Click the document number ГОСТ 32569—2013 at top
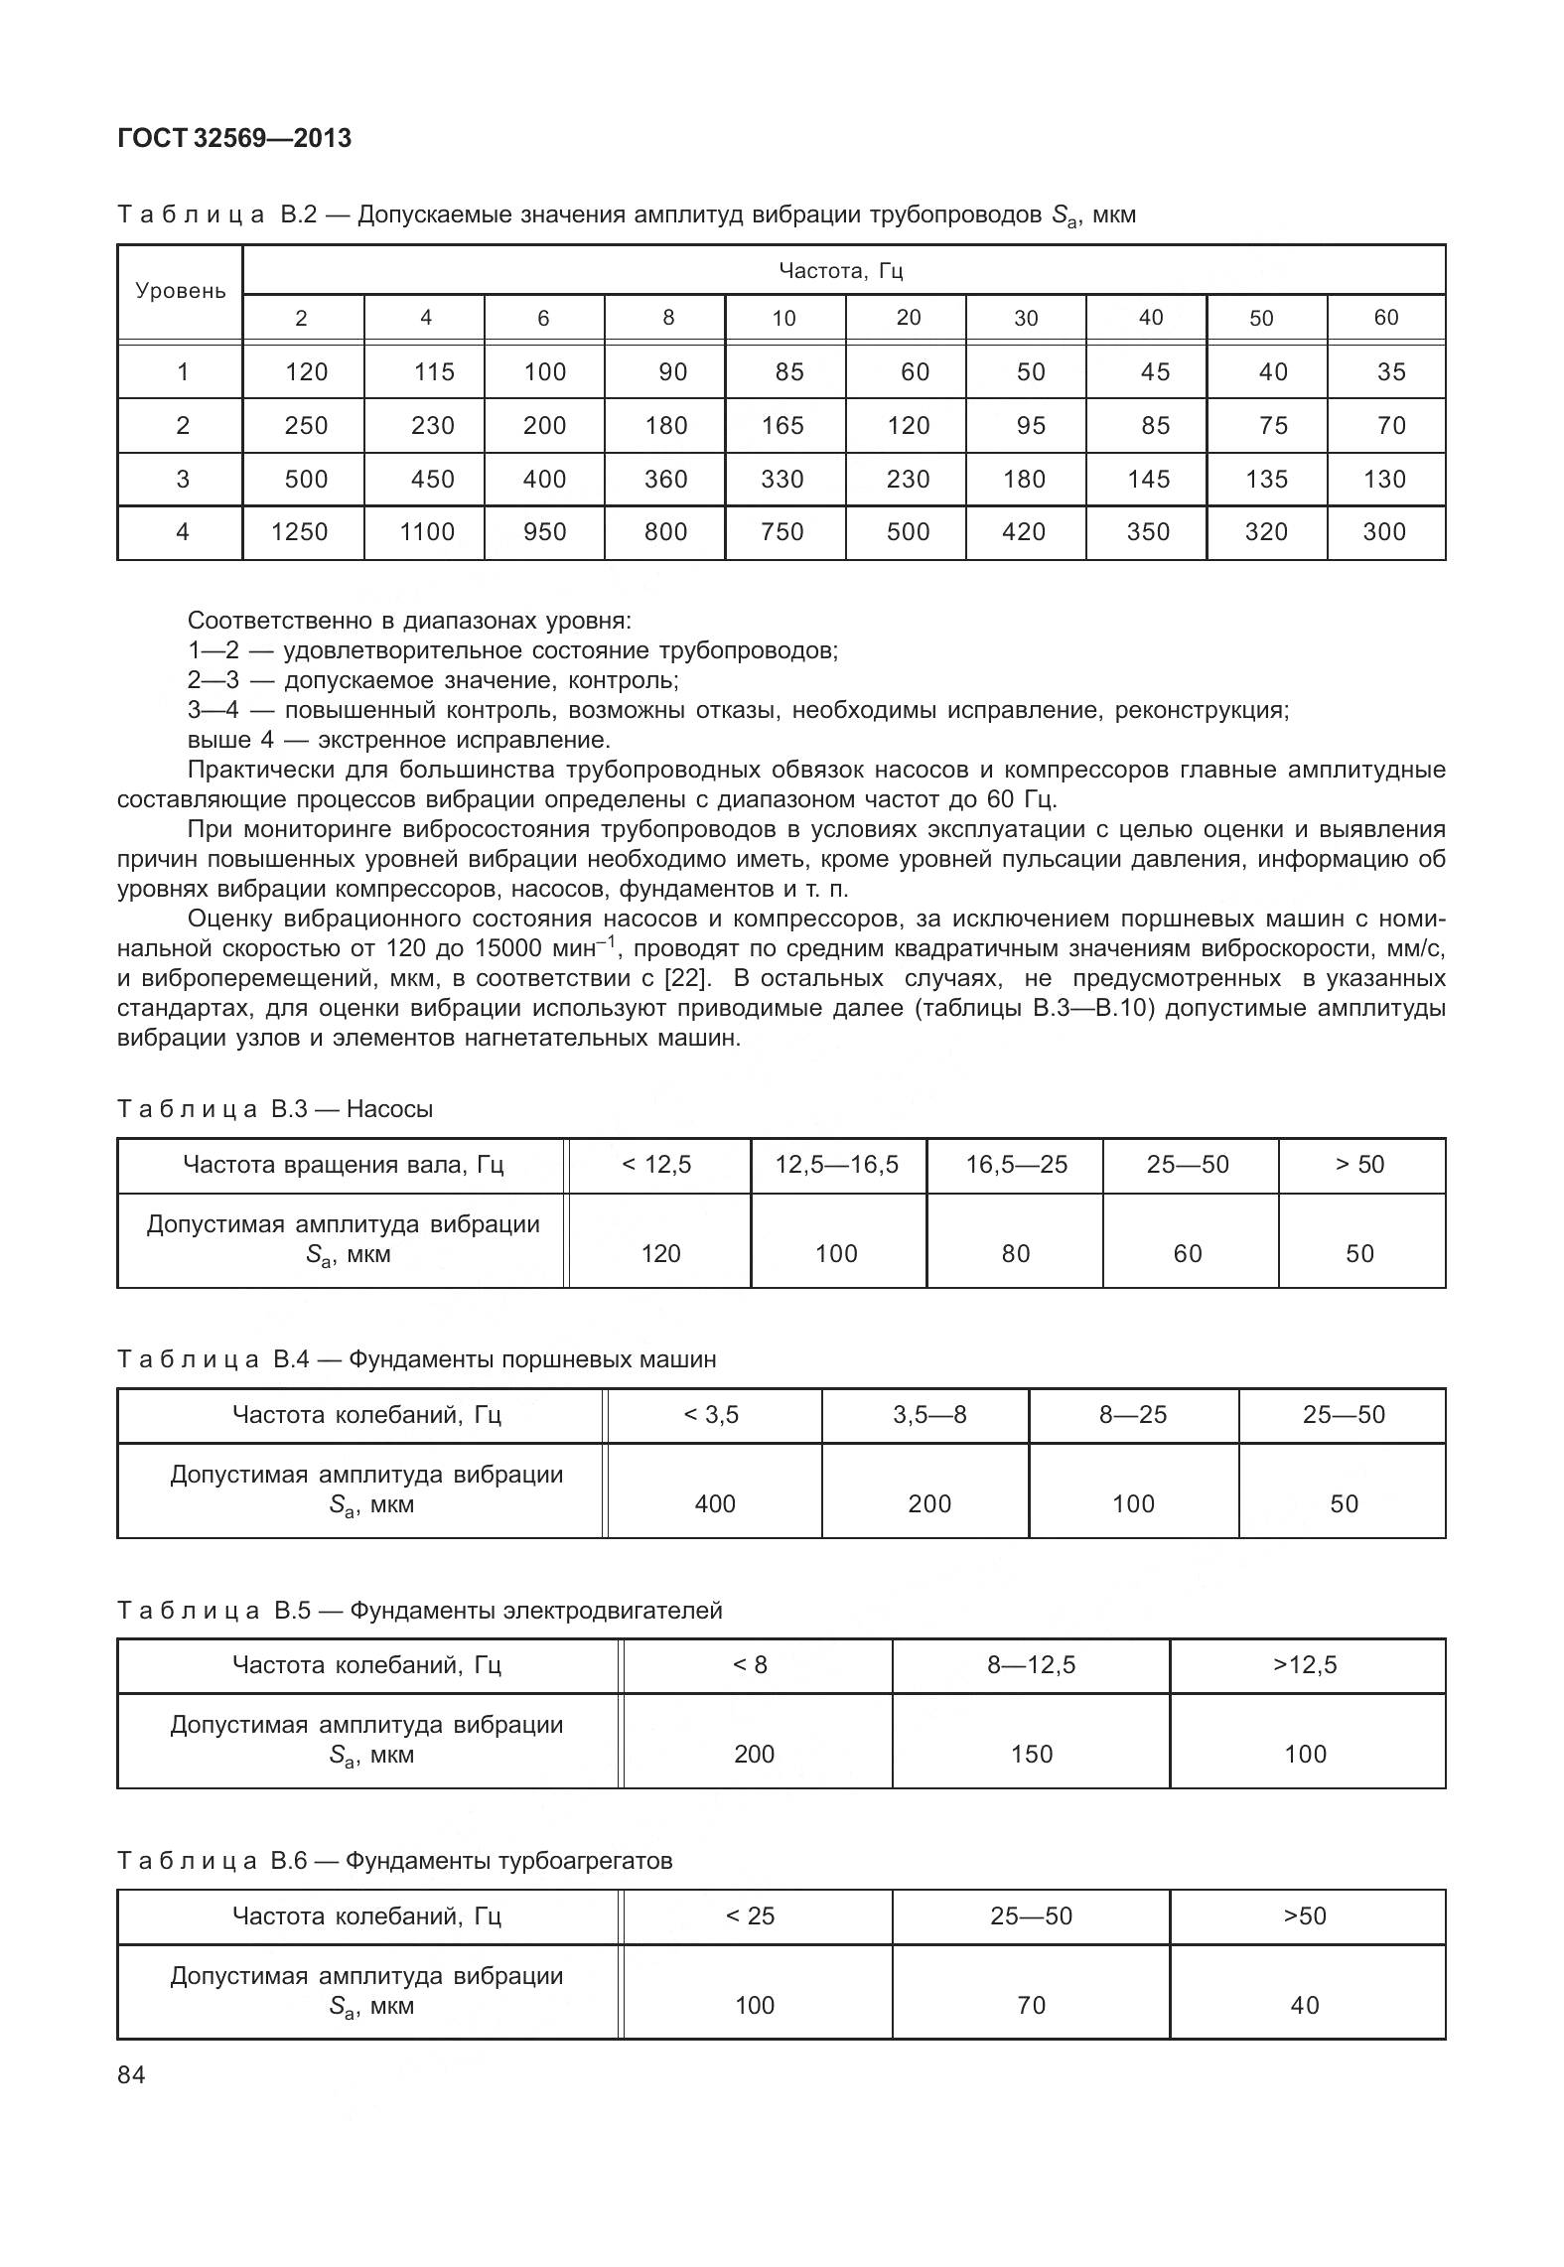click(x=234, y=139)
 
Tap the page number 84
click(x=131, y=2074)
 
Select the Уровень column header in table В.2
click(x=181, y=292)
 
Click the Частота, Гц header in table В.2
click(x=841, y=270)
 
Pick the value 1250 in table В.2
click(x=300, y=532)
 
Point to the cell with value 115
click(x=434, y=372)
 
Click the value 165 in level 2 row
click(x=782, y=426)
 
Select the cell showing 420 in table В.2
click(x=1024, y=532)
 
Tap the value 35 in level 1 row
click(x=1391, y=372)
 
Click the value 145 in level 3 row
click(x=1149, y=480)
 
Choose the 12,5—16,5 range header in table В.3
click(x=837, y=1165)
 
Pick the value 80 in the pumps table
click(x=1016, y=1254)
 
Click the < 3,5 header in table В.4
click(x=712, y=1415)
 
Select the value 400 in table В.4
click(x=715, y=1504)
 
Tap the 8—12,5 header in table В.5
click(x=1031, y=1665)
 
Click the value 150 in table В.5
click(x=1031, y=1755)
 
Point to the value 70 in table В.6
click(x=1031, y=2006)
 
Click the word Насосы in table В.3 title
click(x=389, y=1109)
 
